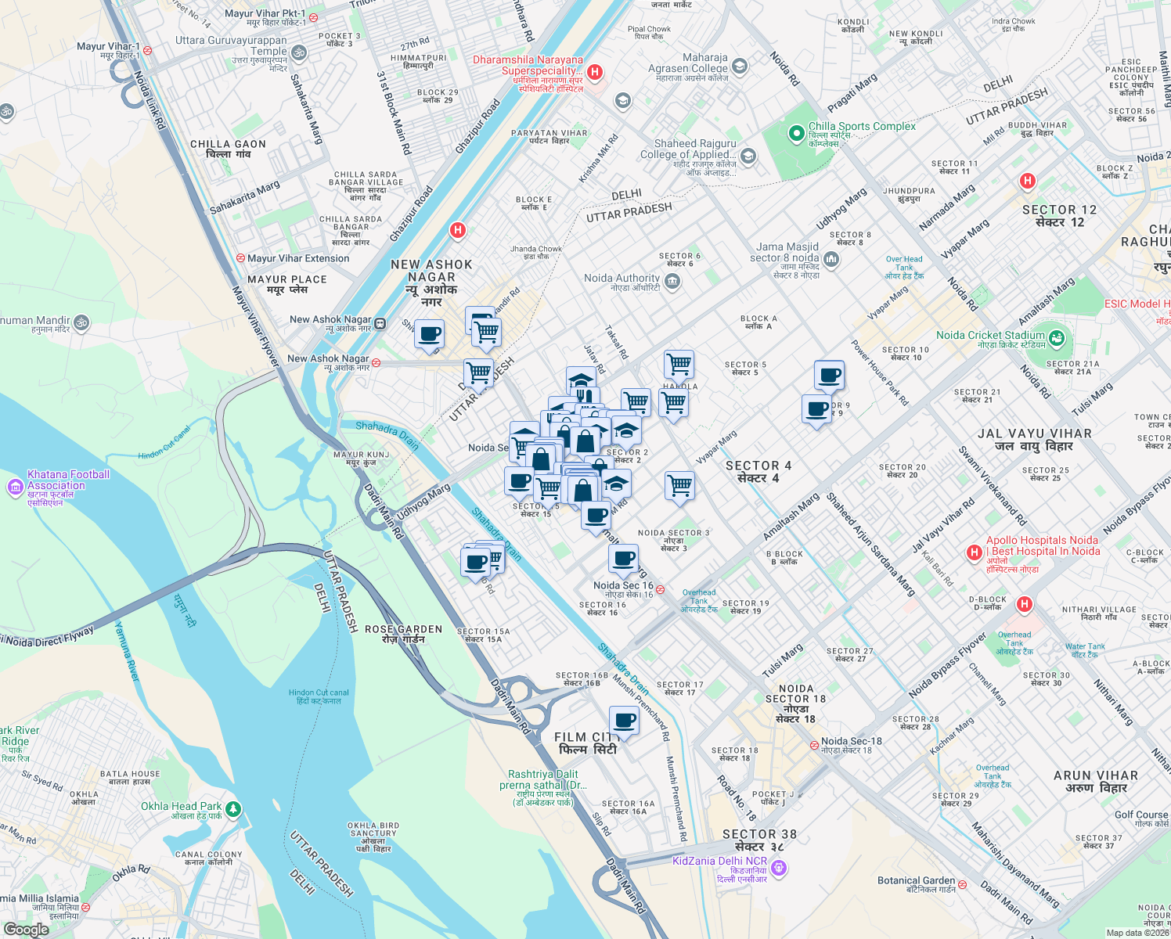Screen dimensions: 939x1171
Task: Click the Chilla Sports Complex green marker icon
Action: point(797,132)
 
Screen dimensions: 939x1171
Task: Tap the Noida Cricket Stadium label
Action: point(990,335)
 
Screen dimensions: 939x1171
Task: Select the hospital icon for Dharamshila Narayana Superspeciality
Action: point(595,72)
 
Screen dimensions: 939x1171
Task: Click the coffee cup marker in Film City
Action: point(624,720)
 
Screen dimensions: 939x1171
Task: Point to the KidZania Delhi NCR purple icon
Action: point(778,867)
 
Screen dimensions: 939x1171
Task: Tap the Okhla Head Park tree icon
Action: point(232,809)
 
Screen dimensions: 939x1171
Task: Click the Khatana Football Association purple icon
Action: point(15,487)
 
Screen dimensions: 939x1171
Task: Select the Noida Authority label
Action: point(622,278)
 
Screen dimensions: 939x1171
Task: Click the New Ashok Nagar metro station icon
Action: point(380,323)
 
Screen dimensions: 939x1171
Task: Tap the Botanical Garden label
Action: point(916,880)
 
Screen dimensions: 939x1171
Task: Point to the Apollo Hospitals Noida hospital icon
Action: point(974,552)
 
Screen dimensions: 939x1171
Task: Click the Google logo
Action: point(26,929)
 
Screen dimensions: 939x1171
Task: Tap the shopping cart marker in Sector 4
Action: point(679,485)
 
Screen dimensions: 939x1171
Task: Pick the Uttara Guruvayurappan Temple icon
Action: point(298,53)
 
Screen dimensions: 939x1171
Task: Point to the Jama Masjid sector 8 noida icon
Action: point(831,258)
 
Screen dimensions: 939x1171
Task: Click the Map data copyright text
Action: point(1137,932)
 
